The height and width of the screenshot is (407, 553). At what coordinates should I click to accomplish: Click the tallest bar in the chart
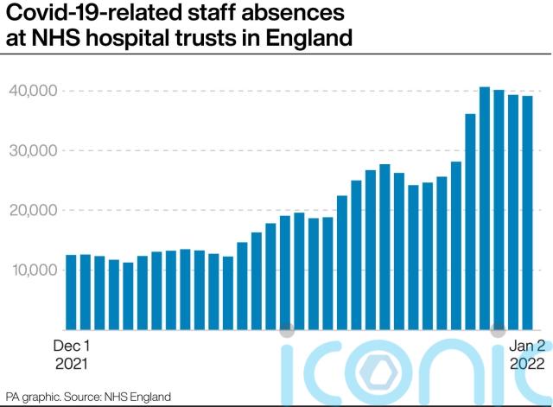click(x=485, y=207)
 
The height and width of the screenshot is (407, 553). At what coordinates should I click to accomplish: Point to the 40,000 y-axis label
click(x=34, y=91)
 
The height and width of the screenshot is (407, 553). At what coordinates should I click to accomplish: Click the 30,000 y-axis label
click(x=34, y=150)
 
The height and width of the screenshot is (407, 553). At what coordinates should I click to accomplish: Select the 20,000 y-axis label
click(x=34, y=210)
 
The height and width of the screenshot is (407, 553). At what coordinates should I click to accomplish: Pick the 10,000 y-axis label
click(x=34, y=270)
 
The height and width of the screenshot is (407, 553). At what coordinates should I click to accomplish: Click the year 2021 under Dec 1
click(x=72, y=364)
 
